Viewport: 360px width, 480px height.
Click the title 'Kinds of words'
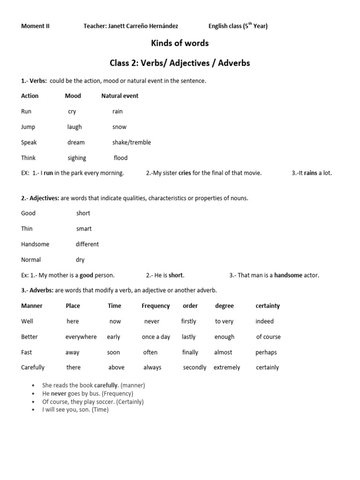pos(180,43)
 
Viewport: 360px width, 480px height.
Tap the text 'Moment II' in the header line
pos(35,26)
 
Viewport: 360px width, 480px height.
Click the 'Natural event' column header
pos(120,96)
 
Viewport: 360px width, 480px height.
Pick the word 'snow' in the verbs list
pos(119,127)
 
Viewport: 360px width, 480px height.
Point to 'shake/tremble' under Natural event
pos(131,142)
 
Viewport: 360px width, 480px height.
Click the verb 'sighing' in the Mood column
pos(77,158)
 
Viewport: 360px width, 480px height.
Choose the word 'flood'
pos(120,158)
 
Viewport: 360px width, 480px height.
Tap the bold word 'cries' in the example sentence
pos(185,173)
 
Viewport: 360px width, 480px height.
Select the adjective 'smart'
pos(84,229)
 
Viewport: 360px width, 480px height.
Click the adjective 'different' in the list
pos(87,244)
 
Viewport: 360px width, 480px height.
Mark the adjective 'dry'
pos(80,260)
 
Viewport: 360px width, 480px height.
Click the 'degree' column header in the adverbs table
pos(224,306)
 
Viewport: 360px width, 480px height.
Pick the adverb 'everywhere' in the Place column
pos(81,337)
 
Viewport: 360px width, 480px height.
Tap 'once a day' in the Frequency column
pos(156,337)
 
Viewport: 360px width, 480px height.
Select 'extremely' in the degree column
pos(227,367)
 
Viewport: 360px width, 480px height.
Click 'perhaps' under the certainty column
pos(266,352)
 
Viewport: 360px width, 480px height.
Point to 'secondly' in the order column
pos(195,367)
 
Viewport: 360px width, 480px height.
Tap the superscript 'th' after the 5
pos(250,24)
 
